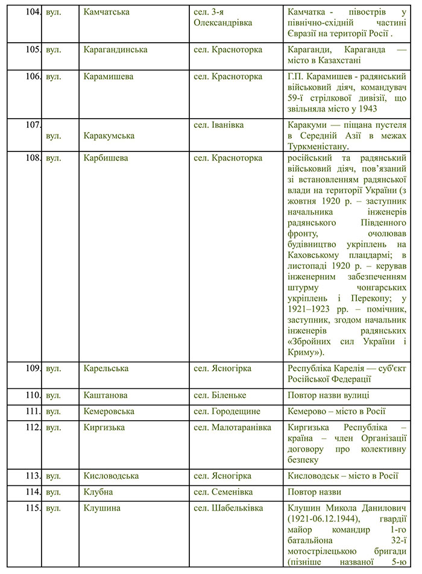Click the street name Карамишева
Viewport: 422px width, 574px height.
pos(109,77)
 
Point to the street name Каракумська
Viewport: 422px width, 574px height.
pos(112,135)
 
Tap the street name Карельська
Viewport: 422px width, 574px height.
pos(108,368)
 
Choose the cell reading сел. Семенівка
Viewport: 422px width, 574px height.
pos(224,492)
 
